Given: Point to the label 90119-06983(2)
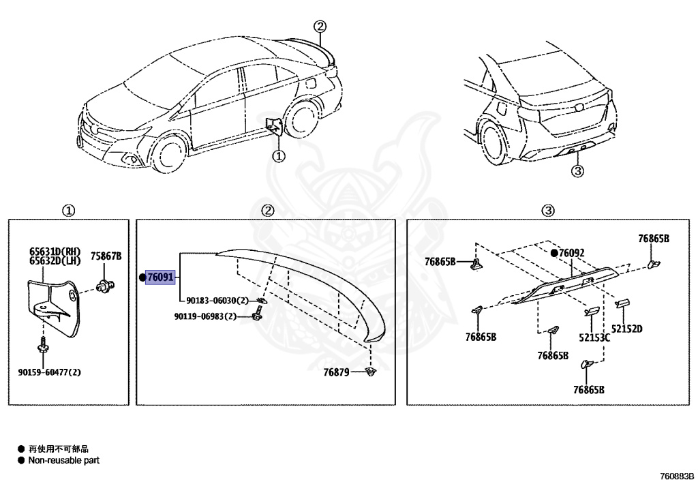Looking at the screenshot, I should (205, 316).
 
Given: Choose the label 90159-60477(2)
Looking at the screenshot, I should (49, 372).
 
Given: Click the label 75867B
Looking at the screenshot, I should (106, 256).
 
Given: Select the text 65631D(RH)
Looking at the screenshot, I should (55, 251).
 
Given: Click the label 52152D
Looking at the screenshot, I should (627, 329).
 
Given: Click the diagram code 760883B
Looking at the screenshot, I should (676, 475).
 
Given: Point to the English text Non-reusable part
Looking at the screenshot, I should (63, 460).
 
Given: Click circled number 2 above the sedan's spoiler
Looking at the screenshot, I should (320, 27).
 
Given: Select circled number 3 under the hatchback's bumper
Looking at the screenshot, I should (577, 171).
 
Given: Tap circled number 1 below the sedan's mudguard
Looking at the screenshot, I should (279, 156).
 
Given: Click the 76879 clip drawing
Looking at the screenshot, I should (371, 372).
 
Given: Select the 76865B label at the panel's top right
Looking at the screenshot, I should (654, 239).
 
